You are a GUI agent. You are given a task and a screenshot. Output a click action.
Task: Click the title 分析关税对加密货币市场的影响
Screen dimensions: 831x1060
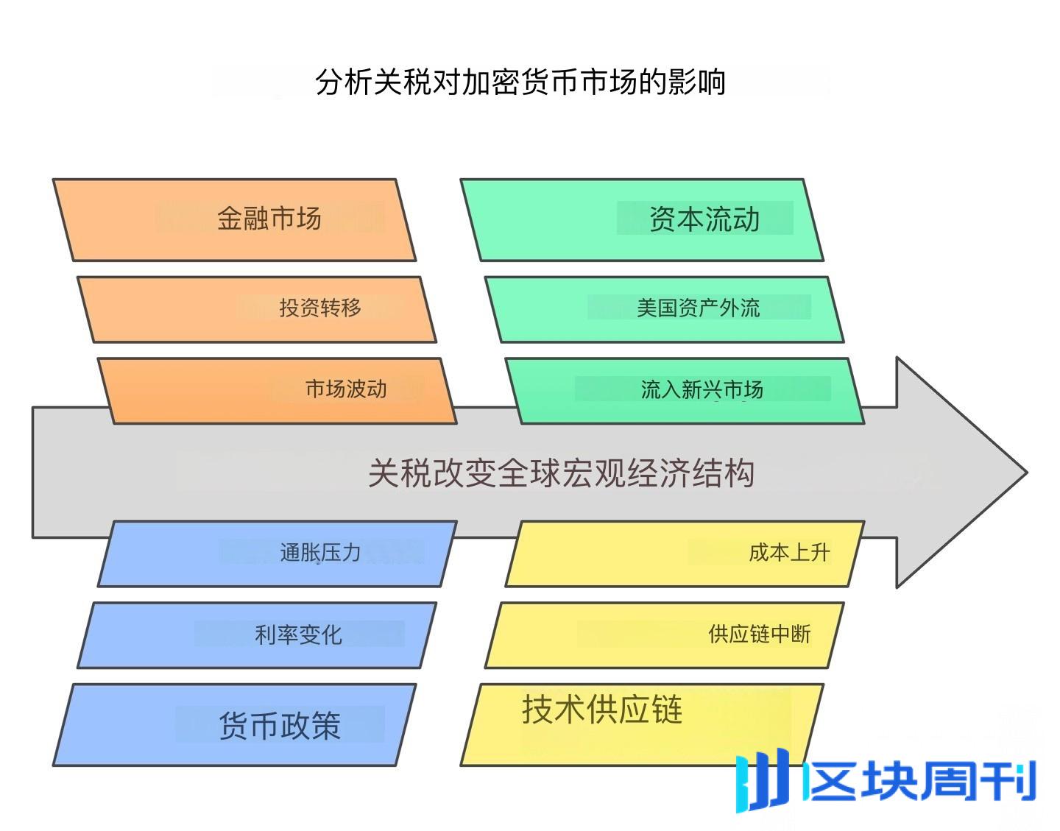[520, 81]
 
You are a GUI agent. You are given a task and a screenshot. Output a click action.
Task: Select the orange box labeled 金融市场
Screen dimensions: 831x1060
[234, 219]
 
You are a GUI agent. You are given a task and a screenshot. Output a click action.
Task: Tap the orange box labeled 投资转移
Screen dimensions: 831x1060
[256, 309]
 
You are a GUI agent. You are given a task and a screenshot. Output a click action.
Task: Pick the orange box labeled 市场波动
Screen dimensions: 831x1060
[277, 391]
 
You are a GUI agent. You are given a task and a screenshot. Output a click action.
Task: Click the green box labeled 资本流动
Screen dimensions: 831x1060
[642, 219]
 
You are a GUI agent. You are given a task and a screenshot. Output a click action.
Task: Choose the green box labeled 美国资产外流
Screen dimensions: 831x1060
[664, 309]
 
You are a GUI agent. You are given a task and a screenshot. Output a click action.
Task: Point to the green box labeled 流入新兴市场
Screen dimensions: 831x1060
[685, 391]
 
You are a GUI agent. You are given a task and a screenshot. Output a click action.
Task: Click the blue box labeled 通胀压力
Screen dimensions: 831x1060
[277, 554]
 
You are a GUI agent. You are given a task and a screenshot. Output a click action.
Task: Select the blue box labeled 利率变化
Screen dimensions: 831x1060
[256, 635]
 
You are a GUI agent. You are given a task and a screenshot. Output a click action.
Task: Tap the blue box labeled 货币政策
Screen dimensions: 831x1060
[234, 725]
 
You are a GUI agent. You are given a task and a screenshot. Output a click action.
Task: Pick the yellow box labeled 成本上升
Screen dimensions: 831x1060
[685, 554]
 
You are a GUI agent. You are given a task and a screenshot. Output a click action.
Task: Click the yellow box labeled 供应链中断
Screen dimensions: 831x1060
[664, 635]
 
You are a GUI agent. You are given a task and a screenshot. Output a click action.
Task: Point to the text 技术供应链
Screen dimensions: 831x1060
[602, 710]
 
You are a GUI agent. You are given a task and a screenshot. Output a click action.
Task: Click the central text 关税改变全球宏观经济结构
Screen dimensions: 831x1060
[561, 473]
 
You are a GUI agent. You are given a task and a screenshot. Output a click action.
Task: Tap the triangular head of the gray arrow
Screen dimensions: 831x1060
[957, 473]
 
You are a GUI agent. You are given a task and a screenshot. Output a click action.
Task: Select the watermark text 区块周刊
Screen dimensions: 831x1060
[921, 780]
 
